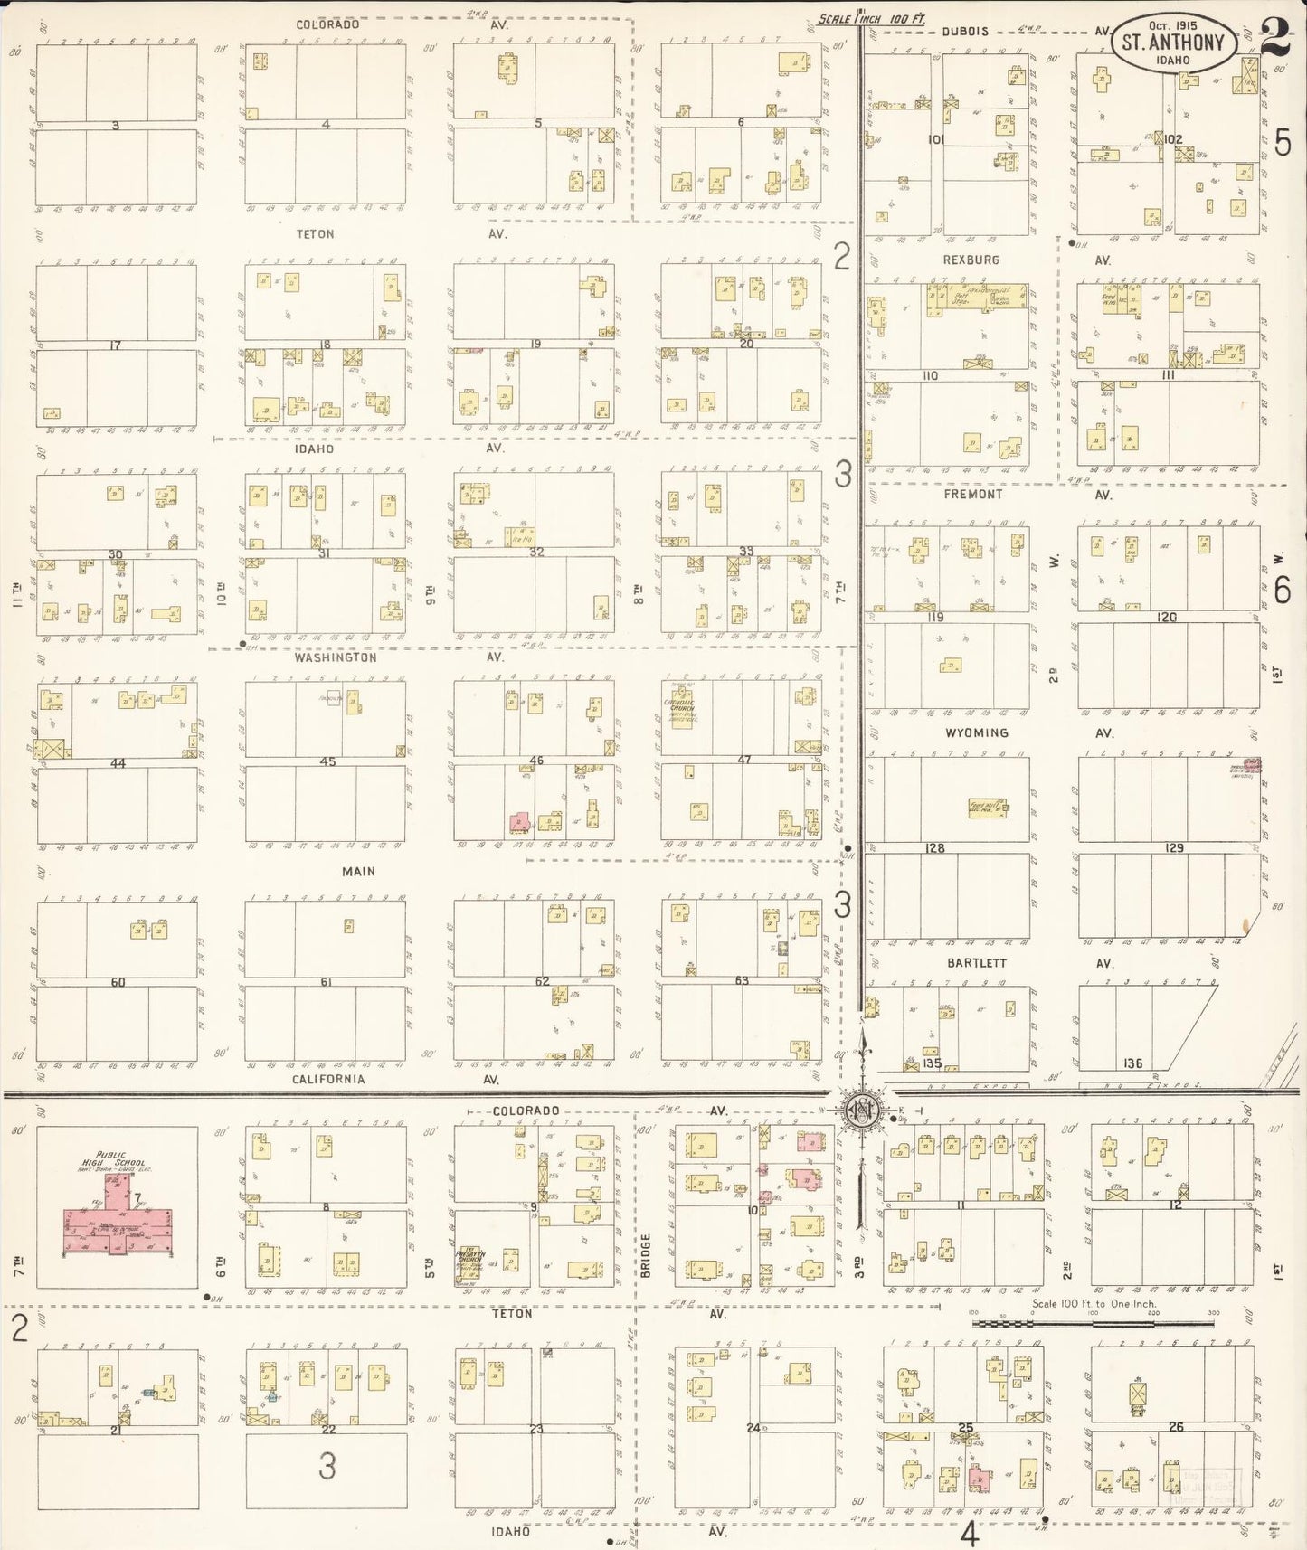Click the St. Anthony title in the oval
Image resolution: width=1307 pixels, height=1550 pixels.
(1172, 42)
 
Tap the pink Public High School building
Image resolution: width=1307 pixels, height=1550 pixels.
(116, 1226)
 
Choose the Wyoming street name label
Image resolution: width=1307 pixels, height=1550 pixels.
(977, 732)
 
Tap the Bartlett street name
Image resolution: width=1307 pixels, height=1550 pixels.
(977, 963)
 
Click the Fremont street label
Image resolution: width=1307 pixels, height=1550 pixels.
(973, 495)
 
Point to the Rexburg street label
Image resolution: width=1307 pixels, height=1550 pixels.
(971, 260)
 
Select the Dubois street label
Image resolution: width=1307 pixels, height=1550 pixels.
(966, 31)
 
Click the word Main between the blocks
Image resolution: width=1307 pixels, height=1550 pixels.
(358, 871)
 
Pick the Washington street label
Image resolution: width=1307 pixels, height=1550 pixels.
(335, 657)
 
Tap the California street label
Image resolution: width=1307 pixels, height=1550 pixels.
(328, 1079)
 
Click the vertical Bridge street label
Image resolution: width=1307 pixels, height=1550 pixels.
(647, 1255)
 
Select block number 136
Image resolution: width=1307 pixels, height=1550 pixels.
(1132, 1063)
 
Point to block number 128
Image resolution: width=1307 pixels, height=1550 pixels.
(934, 848)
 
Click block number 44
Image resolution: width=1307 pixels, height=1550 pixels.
(118, 763)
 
